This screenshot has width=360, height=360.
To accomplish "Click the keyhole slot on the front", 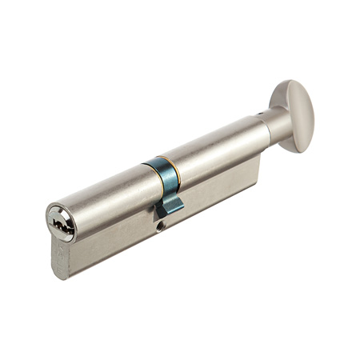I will click(x=61, y=222).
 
